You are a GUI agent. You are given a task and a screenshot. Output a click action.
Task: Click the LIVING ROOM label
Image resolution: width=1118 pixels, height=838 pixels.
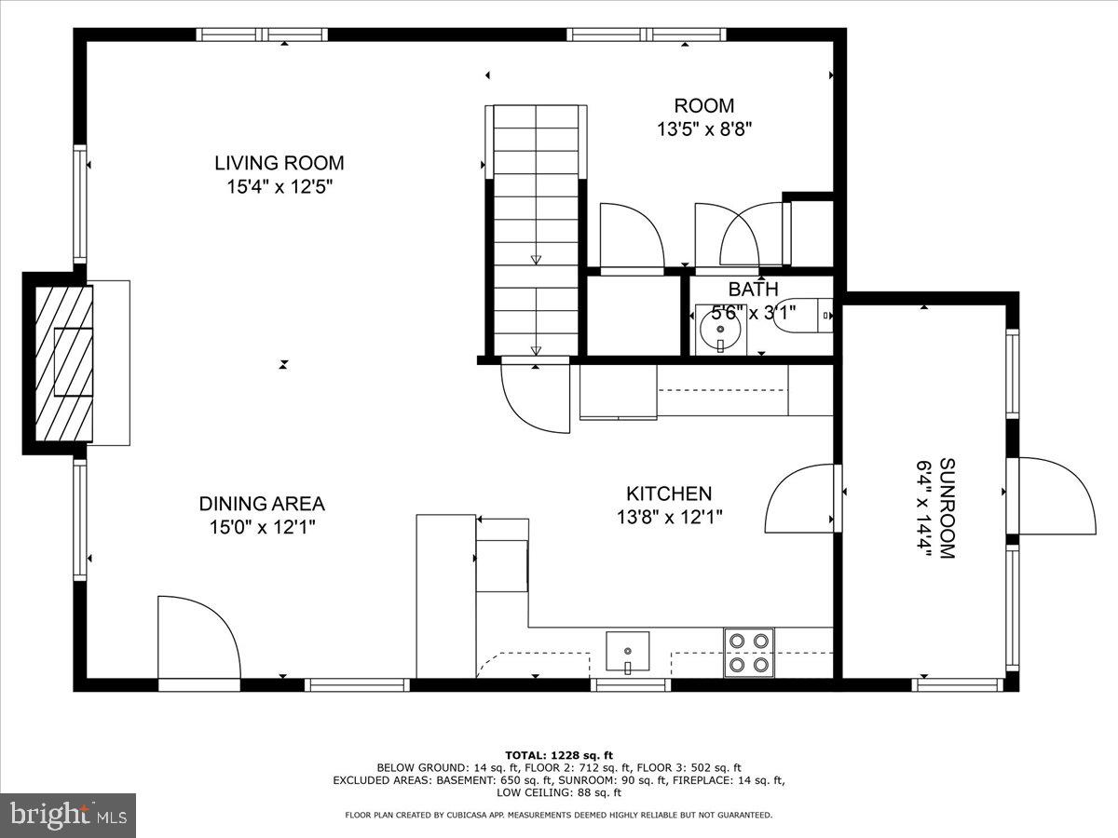[x=279, y=163]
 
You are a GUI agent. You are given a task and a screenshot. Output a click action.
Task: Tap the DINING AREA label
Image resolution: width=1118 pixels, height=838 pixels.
[x=262, y=504]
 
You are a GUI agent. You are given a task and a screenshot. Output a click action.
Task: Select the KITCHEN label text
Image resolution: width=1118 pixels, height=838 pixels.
[x=668, y=493]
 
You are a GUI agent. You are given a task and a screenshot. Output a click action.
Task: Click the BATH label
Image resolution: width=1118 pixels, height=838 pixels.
[x=753, y=290]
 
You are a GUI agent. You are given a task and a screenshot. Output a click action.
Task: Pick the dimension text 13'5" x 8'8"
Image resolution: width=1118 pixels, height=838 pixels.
[x=703, y=129]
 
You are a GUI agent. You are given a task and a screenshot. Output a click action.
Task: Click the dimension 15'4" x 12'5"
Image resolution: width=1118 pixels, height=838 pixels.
[x=279, y=186]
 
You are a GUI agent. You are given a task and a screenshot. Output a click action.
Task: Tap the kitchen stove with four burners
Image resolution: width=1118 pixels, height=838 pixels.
[x=749, y=653]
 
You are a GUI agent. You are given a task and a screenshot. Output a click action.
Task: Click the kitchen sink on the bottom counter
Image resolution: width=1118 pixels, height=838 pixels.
[x=628, y=652]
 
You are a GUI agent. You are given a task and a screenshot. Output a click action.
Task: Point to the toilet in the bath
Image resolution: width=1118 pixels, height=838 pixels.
[x=809, y=317]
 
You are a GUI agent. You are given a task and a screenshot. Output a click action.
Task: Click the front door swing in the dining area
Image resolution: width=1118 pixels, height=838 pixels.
[x=197, y=639]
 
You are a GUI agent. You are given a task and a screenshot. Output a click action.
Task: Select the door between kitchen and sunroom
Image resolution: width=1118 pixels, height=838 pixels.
[x=801, y=498]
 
